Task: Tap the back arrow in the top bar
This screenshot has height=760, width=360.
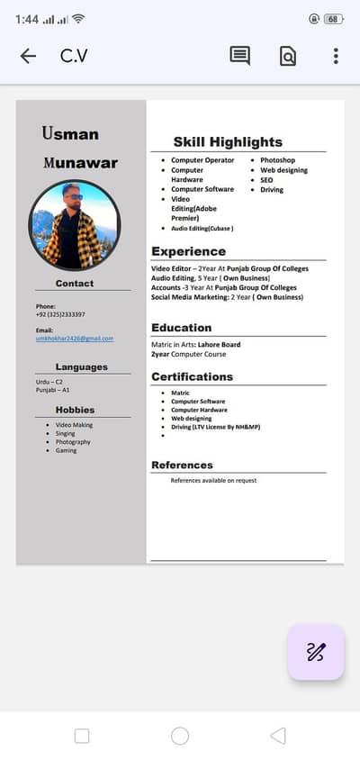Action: coord(28,56)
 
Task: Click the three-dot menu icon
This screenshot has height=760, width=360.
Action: coord(336,56)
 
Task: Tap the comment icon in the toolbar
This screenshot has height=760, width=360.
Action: coord(240,56)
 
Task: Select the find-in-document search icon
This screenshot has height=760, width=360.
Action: coord(287,56)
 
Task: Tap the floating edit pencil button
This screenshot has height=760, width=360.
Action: coord(315,652)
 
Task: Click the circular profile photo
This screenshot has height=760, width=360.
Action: coord(75,225)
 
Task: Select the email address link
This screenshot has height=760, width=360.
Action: coord(75,339)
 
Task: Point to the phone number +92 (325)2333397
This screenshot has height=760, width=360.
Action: coord(60,314)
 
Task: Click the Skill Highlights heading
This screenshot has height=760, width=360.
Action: coord(228,141)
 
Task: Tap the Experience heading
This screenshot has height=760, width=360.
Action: coord(188,251)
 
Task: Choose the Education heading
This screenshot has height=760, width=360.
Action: coord(181,328)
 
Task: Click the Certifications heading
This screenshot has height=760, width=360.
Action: coord(192,376)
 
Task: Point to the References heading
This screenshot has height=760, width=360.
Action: coord(182,465)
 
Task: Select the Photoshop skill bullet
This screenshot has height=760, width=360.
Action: coord(277,160)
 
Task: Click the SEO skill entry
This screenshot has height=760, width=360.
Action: coord(266,180)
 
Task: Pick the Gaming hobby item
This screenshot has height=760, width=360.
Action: coord(67,450)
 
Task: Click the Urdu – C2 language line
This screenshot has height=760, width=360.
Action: coord(49,382)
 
